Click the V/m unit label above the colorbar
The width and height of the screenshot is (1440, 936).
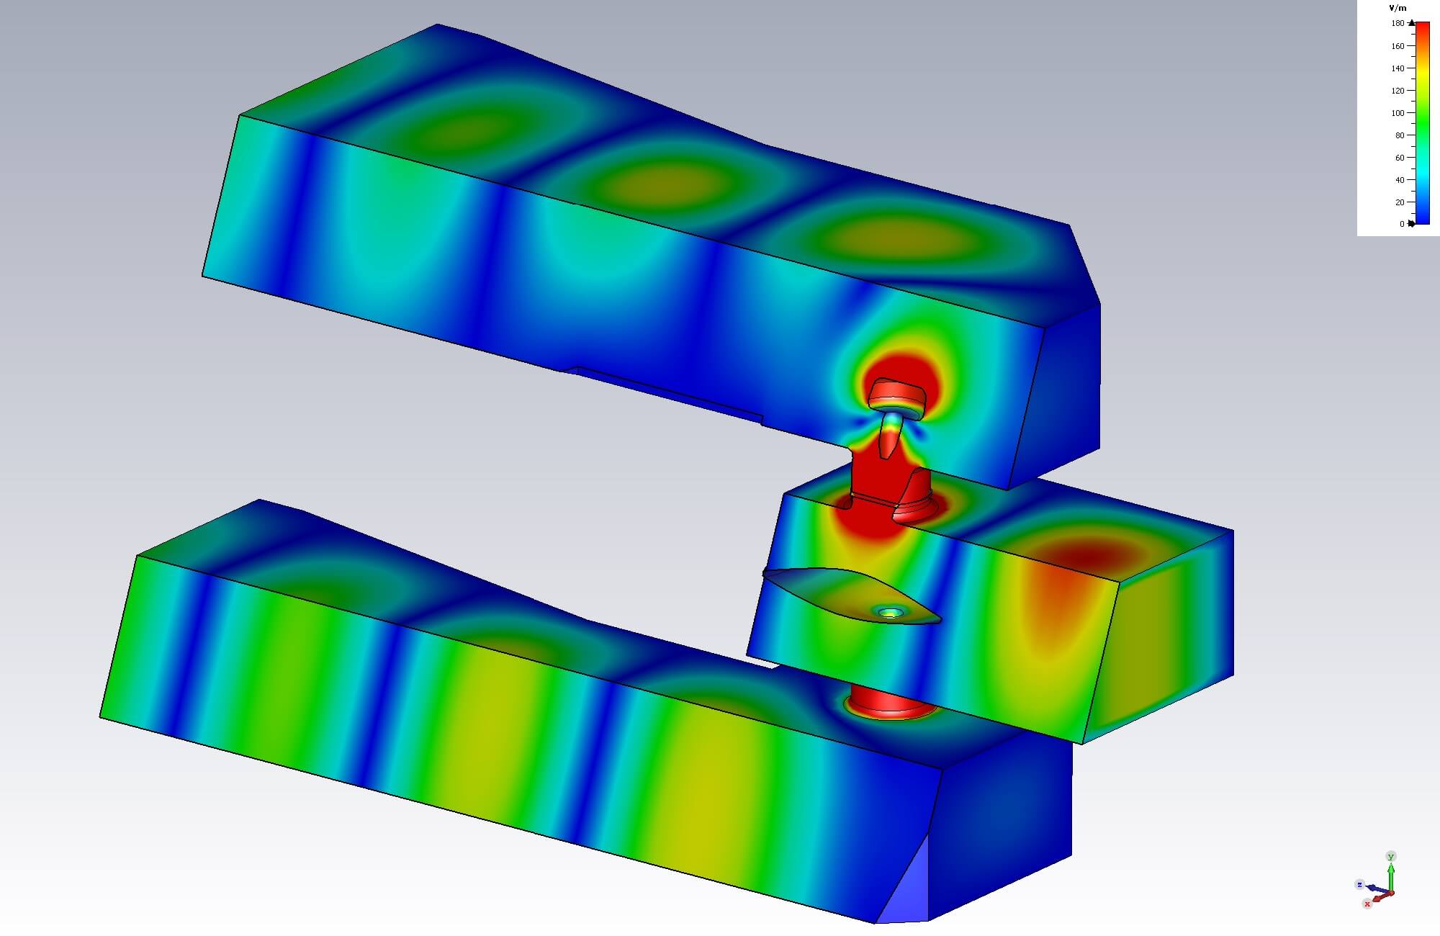[x=1397, y=8]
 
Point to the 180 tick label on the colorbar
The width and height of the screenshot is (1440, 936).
[x=1398, y=23]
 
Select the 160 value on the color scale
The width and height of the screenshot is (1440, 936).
[x=1398, y=46]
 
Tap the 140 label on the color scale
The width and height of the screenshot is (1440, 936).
[x=1398, y=68]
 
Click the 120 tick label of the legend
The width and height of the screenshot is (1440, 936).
[x=1398, y=91]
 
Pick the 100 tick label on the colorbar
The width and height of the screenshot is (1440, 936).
[x=1398, y=113]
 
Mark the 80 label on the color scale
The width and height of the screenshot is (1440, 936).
[x=1400, y=135]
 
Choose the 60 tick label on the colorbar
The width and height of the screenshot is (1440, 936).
[x=1400, y=158]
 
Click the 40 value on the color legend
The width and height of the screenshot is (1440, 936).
[x=1400, y=180]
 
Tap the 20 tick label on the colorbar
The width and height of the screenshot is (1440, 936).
[x=1400, y=202]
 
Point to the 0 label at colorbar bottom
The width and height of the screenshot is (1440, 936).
[x=1402, y=224]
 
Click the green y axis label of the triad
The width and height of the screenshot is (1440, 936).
[x=1391, y=856]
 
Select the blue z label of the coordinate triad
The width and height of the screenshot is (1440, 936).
[x=1360, y=884]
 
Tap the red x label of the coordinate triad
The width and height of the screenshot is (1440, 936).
[x=1367, y=904]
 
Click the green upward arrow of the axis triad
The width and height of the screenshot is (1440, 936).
[x=1391, y=875]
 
